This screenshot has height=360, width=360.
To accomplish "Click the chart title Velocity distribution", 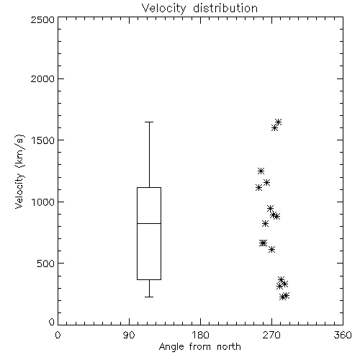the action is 199,8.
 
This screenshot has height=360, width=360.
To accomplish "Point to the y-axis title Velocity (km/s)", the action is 19,171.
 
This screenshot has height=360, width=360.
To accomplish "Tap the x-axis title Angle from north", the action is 199,346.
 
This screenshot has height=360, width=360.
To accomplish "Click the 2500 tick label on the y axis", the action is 42,19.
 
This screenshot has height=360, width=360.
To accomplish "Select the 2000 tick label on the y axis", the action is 42,78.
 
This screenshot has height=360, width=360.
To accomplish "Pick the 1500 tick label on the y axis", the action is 43,140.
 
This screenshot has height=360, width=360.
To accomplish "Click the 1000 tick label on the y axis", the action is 43,202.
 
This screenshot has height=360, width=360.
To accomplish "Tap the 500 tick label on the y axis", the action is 46,264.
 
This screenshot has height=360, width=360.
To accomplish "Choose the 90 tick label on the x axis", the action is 129,335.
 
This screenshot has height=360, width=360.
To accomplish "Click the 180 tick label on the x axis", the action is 200,335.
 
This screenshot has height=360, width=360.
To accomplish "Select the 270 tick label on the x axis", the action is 271,335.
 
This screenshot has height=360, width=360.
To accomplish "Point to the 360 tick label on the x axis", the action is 343,335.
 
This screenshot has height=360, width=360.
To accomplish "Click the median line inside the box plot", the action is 149,223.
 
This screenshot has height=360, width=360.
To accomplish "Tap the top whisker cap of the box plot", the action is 149,122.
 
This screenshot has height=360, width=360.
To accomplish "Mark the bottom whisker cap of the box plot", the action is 149,297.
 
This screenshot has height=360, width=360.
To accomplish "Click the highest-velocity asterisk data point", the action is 278,122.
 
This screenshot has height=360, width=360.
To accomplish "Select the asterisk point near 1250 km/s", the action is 261,171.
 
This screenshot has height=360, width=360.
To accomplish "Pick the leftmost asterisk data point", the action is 258,187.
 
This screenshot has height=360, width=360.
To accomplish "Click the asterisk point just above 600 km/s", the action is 271,249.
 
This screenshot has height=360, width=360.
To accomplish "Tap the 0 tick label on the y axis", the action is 52,322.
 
